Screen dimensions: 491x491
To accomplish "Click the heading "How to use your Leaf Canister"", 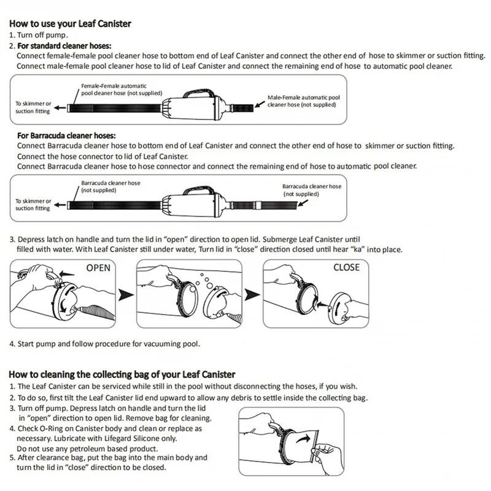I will tap(70, 24).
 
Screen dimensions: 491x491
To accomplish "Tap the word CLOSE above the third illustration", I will tap(346, 268).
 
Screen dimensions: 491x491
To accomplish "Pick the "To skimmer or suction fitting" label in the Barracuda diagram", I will tap(33, 204).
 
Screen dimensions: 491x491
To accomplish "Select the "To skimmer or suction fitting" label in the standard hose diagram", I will tap(33, 107).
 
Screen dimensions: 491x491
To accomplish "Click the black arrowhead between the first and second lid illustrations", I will tap(126, 296).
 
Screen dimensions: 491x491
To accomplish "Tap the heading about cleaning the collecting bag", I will tap(122, 374).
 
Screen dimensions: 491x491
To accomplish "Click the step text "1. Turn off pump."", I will tap(39, 36).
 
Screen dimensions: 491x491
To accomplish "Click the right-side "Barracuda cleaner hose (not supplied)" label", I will tap(312, 190).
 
